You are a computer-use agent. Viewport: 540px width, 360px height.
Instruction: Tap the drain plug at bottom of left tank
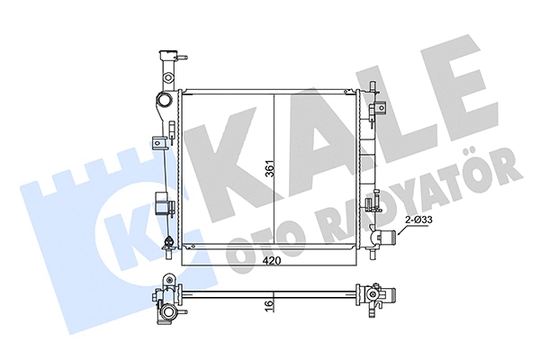[169, 241]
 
